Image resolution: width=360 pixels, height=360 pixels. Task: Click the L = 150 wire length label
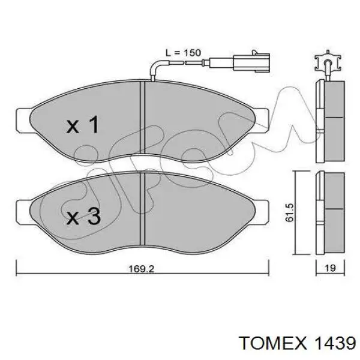point(183,53)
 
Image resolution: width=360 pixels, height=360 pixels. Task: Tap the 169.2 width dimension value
point(142,269)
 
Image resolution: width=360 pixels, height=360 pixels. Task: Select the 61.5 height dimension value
point(290,212)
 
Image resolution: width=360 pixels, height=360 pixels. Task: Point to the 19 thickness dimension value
point(331,268)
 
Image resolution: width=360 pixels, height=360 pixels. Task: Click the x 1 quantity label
point(82,125)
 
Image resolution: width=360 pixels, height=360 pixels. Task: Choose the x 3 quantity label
point(83,216)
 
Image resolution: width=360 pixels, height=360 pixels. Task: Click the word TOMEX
point(272,343)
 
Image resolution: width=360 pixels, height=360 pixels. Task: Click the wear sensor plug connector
point(251,62)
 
